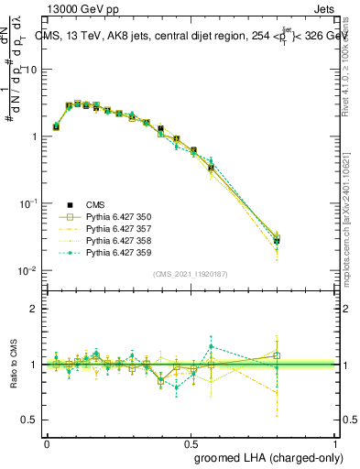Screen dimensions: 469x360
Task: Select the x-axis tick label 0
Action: click(47, 442)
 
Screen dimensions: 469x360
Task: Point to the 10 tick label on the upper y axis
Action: click(31, 70)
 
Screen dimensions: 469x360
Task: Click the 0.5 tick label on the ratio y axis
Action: click(30, 420)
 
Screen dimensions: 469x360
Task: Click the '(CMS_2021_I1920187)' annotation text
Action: click(190, 274)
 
